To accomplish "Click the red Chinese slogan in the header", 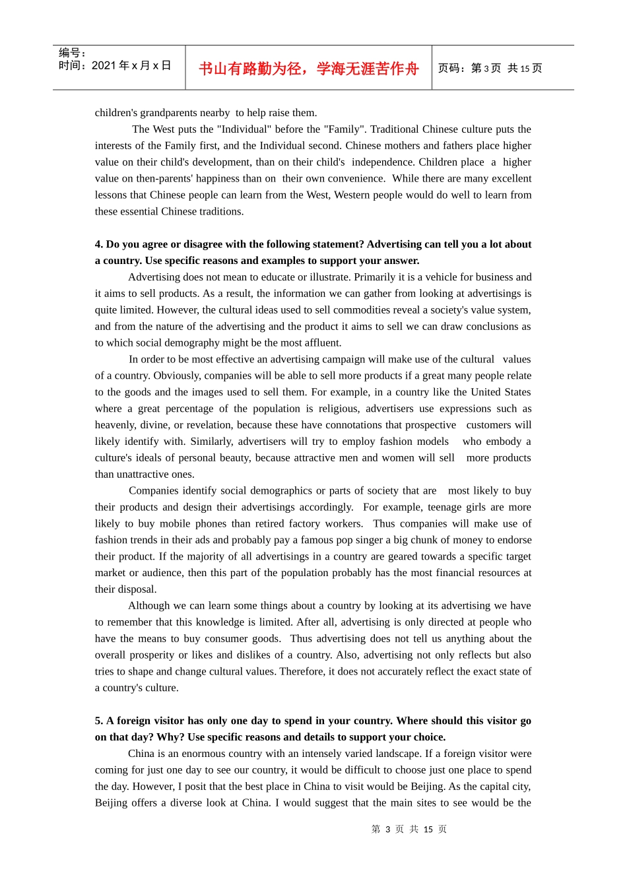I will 308,69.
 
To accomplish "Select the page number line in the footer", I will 409,829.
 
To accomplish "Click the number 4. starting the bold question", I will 99,244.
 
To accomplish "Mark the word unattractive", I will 145,474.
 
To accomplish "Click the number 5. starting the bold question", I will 99,721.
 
